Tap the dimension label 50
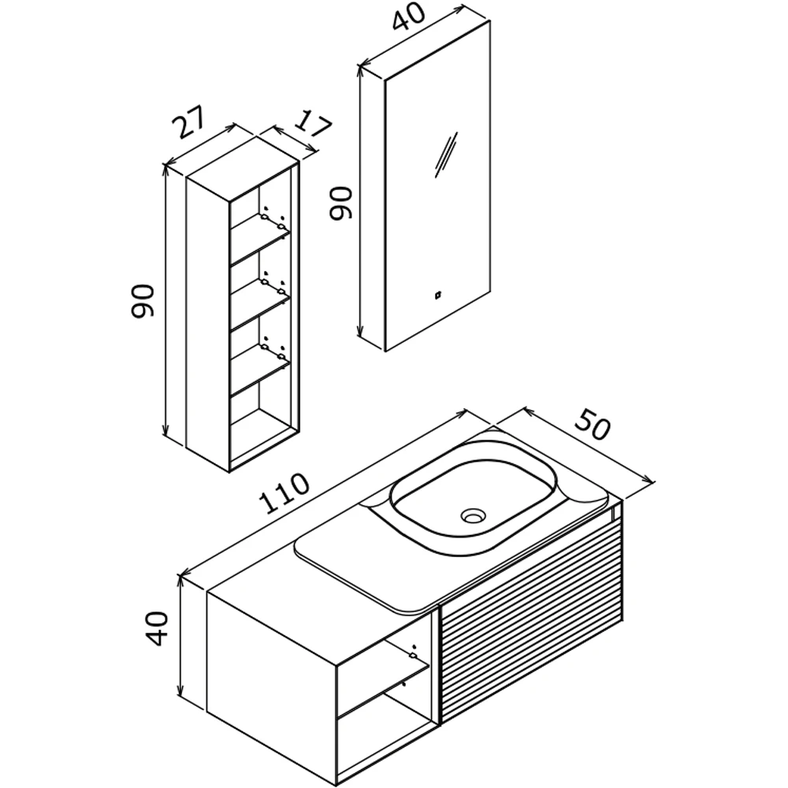(x=593, y=425)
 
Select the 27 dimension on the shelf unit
(x=189, y=121)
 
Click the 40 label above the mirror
(x=408, y=17)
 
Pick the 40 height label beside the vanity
(x=157, y=628)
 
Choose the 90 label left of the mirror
(x=340, y=203)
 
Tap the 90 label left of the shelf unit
(x=142, y=300)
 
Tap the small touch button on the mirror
(x=437, y=295)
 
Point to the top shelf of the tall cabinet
(x=260, y=239)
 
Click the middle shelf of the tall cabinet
(x=260, y=304)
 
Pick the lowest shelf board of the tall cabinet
(x=260, y=370)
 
